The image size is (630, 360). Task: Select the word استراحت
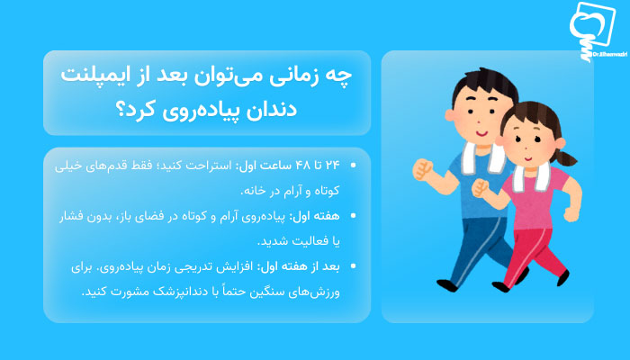click(205, 166)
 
